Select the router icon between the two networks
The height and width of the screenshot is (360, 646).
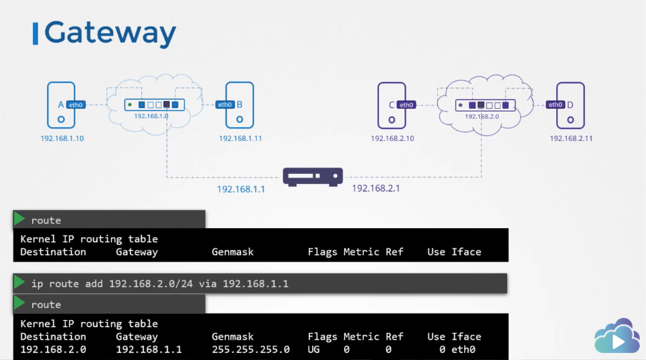coord(312,176)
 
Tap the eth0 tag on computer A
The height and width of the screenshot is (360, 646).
coord(77,105)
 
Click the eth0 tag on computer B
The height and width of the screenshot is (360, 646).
coord(225,105)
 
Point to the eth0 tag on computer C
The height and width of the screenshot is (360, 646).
coord(406,105)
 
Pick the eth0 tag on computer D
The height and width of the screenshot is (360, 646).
coord(555,105)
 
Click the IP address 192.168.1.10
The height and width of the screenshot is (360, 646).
coord(62,138)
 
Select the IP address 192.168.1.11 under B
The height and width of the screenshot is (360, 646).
coord(240,138)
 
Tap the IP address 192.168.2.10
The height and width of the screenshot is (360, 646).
coord(393,138)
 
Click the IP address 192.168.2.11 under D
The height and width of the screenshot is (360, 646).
coord(571,138)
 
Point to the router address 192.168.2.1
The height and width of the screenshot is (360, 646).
coord(376,188)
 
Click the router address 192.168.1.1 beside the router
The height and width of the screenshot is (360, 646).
coord(241,189)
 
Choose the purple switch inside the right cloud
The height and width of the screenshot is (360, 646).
coord(485,105)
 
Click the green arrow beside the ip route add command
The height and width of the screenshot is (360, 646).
coord(19,283)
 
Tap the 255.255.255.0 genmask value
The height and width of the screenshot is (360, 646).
coord(251,349)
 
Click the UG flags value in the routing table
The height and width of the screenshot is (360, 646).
coord(315,349)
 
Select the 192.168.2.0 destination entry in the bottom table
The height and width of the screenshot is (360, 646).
coord(53,349)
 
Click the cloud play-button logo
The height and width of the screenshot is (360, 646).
coord(617,339)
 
